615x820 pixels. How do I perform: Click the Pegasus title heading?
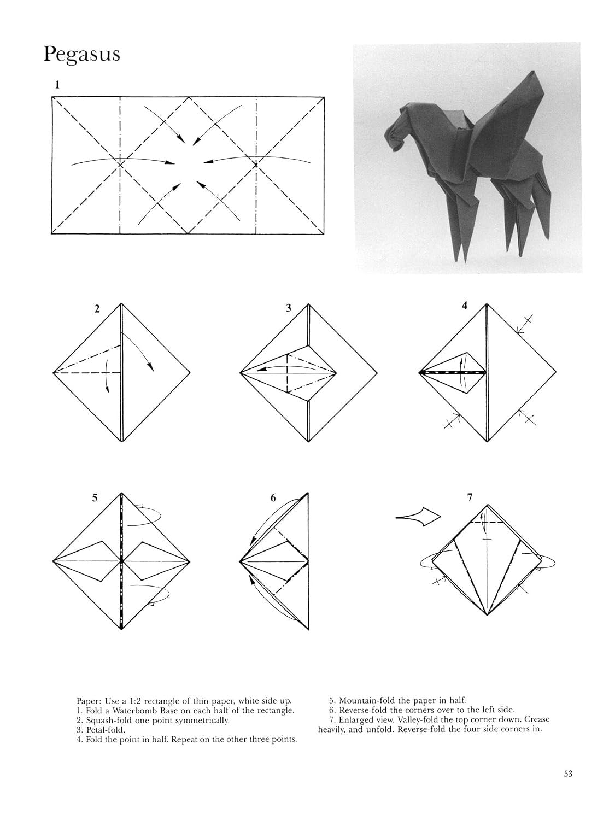pyautogui.click(x=82, y=54)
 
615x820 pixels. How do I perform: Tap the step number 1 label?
pyautogui.click(x=57, y=85)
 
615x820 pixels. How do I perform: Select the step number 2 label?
pyautogui.click(x=97, y=308)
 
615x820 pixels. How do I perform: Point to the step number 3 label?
pyautogui.click(x=288, y=308)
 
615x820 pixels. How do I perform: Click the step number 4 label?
pyautogui.click(x=464, y=306)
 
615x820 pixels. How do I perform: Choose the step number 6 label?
pyautogui.click(x=273, y=498)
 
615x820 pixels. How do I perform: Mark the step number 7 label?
pyautogui.click(x=470, y=497)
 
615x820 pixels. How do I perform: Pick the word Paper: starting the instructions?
pyautogui.click(x=89, y=701)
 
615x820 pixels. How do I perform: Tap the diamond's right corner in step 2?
pyautogui.click(x=190, y=373)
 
